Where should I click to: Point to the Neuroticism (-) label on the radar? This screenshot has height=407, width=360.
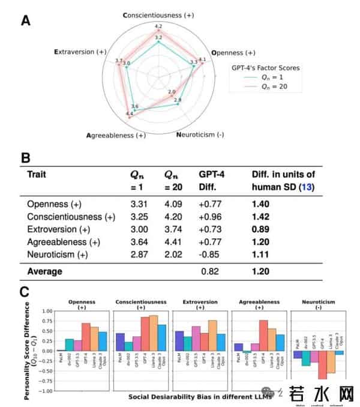[x=200, y=134]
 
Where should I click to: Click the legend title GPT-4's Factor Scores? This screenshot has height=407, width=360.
[x=265, y=68]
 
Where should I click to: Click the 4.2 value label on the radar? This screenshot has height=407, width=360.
[x=158, y=26]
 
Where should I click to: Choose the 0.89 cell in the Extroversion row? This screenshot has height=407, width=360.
[x=261, y=229]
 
